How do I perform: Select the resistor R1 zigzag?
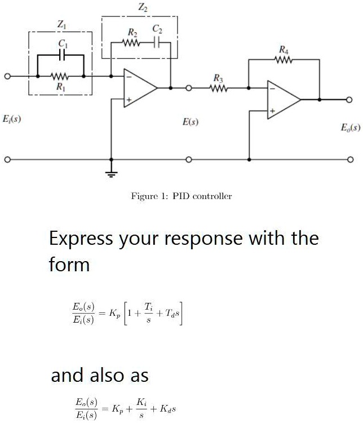60,76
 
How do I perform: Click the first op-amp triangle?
139,88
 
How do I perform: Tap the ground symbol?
112,174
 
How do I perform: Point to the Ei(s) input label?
12,120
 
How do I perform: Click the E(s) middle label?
190,121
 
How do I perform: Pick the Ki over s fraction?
146,406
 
